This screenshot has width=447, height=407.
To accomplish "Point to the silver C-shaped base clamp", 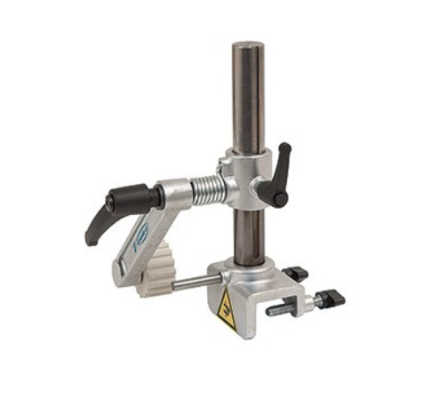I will (x=235, y=293).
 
